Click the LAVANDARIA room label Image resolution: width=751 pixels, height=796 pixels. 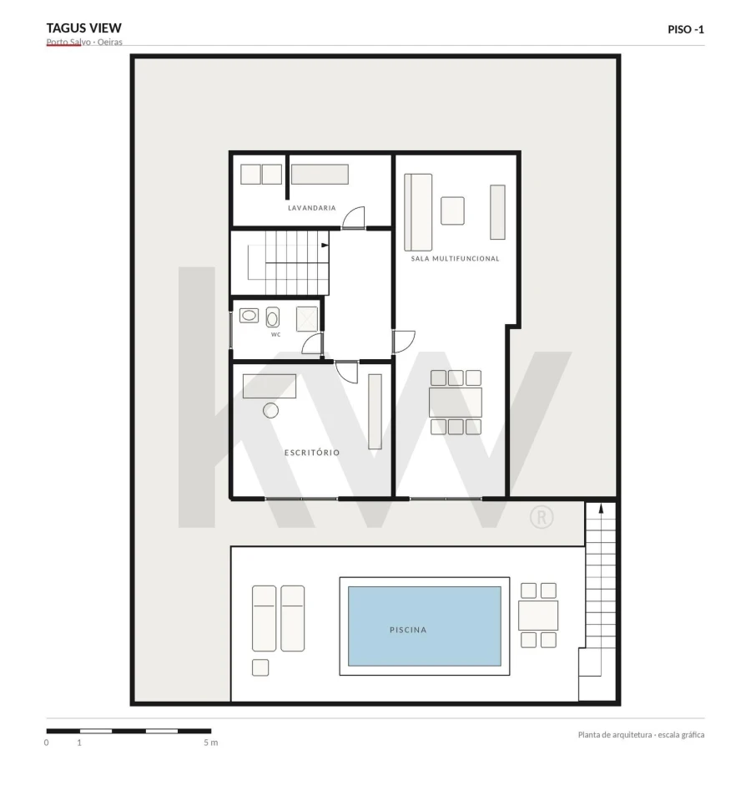(312, 208)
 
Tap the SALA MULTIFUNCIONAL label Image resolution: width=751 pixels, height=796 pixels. (455, 258)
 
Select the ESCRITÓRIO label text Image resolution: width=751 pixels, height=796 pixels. (312, 453)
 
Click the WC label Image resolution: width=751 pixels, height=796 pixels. (276, 335)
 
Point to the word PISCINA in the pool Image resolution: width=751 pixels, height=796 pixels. (408, 630)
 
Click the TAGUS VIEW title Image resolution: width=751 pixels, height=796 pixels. (84, 28)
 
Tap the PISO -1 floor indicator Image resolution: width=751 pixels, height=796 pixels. (686, 29)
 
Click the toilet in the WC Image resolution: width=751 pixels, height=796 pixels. (273, 317)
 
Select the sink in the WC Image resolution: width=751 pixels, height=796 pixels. (249, 316)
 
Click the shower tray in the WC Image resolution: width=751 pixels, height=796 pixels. (307, 319)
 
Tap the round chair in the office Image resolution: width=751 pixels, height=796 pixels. (271, 410)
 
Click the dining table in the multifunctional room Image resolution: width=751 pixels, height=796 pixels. (456, 402)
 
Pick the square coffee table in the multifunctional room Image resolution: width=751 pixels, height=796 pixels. (452, 210)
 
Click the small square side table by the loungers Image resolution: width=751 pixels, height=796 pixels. (260, 667)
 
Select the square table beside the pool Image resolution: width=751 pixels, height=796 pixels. (538, 616)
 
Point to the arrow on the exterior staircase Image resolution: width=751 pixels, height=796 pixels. (601, 589)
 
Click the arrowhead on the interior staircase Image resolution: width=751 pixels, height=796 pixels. (325, 246)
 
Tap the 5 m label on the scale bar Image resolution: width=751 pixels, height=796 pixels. (211, 743)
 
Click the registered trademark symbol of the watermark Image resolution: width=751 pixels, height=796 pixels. (542, 517)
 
